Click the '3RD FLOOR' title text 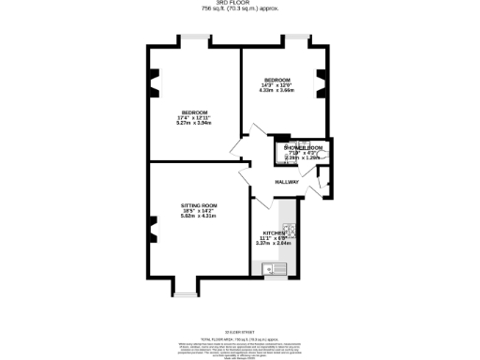(240, 4)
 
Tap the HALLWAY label (287, 182)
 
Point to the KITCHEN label (275, 232)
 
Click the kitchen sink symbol (277, 269)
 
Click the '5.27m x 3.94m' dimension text (195, 122)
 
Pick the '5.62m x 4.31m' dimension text (199, 217)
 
